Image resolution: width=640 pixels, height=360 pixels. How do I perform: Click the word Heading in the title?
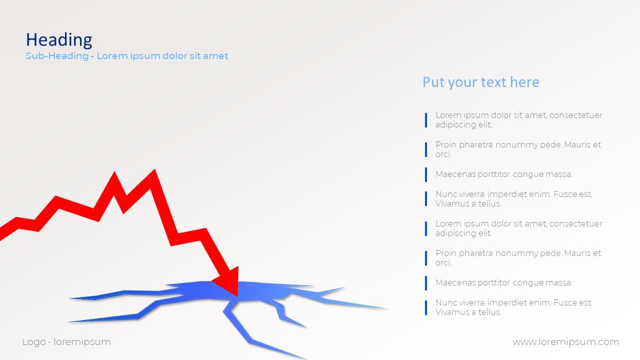(59, 39)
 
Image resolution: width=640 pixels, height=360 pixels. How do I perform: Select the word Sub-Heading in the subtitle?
(57, 55)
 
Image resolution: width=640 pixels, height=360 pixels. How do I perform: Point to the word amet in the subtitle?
(215, 55)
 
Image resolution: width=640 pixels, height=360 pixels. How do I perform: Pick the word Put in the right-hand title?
(433, 82)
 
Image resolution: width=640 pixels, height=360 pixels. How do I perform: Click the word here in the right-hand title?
(524, 82)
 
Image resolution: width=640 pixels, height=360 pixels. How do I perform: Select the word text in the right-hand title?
(493, 82)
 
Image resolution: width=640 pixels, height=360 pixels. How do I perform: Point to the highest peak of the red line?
(154, 171)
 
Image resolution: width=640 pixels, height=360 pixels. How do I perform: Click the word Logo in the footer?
(34, 342)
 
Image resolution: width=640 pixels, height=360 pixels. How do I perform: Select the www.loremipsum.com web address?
(565, 342)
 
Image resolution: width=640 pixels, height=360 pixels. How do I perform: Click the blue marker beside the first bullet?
(426, 120)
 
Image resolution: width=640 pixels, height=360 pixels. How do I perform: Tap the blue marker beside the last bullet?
(426, 307)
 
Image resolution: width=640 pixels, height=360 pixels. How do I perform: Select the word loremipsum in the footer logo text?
(82, 342)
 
